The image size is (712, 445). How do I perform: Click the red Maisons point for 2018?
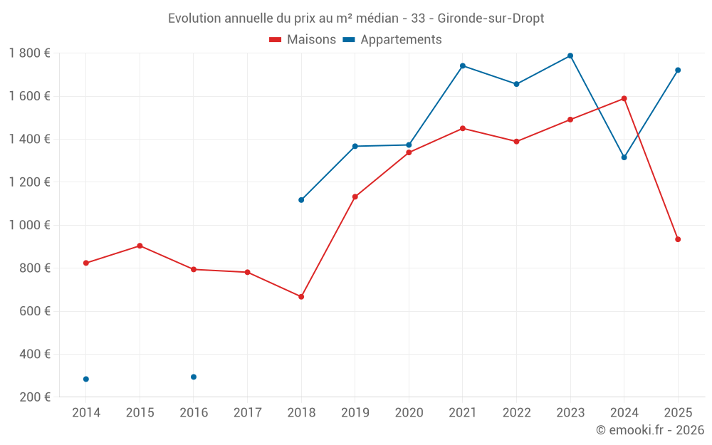[301, 296]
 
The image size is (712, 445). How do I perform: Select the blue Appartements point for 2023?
[570, 56]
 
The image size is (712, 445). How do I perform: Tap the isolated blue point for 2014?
[86, 379]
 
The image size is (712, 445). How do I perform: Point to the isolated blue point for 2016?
[194, 377]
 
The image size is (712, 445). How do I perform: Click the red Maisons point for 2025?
[678, 239]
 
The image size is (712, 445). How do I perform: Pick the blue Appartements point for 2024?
[624, 157]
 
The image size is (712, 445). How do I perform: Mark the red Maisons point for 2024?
[624, 98]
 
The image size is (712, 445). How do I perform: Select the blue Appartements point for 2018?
[301, 200]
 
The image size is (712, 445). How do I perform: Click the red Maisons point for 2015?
[140, 246]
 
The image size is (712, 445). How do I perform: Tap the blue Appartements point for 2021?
[463, 66]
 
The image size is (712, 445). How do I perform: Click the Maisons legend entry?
[303, 40]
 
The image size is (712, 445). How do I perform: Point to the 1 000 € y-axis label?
[29, 225]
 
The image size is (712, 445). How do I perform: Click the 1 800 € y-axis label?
[29, 53]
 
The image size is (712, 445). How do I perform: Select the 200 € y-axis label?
[33, 397]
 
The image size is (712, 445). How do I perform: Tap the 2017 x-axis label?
[247, 413]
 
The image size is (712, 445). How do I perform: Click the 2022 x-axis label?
[516, 413]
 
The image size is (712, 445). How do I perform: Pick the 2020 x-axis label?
[409, 413]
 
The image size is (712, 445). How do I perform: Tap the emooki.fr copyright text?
[650, 430]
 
